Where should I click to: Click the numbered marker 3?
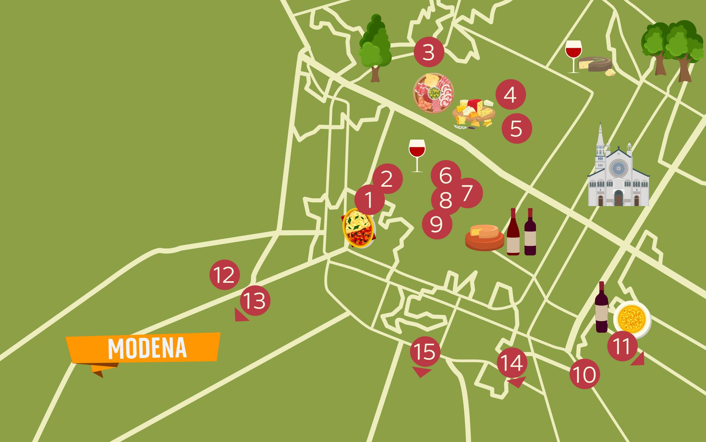[429, 52]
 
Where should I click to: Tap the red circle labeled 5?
[517, 128]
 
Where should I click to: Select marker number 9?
[437, 224]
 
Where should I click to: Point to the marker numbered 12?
[225, 275]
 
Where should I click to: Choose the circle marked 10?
[584, 374]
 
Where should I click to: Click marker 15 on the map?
[425, 351]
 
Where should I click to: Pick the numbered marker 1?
[370, 200]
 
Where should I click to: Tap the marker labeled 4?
[510, 94]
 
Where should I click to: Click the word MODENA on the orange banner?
[147, 348]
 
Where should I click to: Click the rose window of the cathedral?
[618, 168]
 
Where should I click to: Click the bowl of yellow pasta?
[632, 319]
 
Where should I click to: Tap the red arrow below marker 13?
[241, 315]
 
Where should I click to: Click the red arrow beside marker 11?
[638, 360]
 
